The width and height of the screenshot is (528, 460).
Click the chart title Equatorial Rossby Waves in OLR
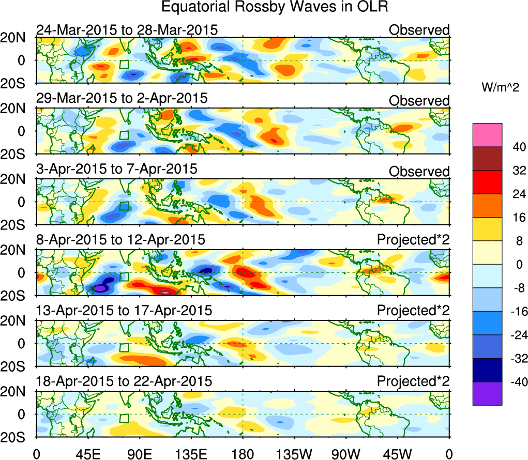(x=275, y=8)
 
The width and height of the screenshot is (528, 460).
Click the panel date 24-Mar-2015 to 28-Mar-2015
(x=127, y=30)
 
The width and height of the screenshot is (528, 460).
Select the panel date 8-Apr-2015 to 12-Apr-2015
(x=120, y=240)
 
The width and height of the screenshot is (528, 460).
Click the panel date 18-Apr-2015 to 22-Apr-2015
(x=124, y=381)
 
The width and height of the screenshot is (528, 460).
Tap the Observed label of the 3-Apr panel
(x=419, y=172)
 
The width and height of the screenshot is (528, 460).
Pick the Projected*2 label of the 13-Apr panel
(x=413, y=311)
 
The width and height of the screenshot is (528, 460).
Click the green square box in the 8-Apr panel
(x=124, y=277)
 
